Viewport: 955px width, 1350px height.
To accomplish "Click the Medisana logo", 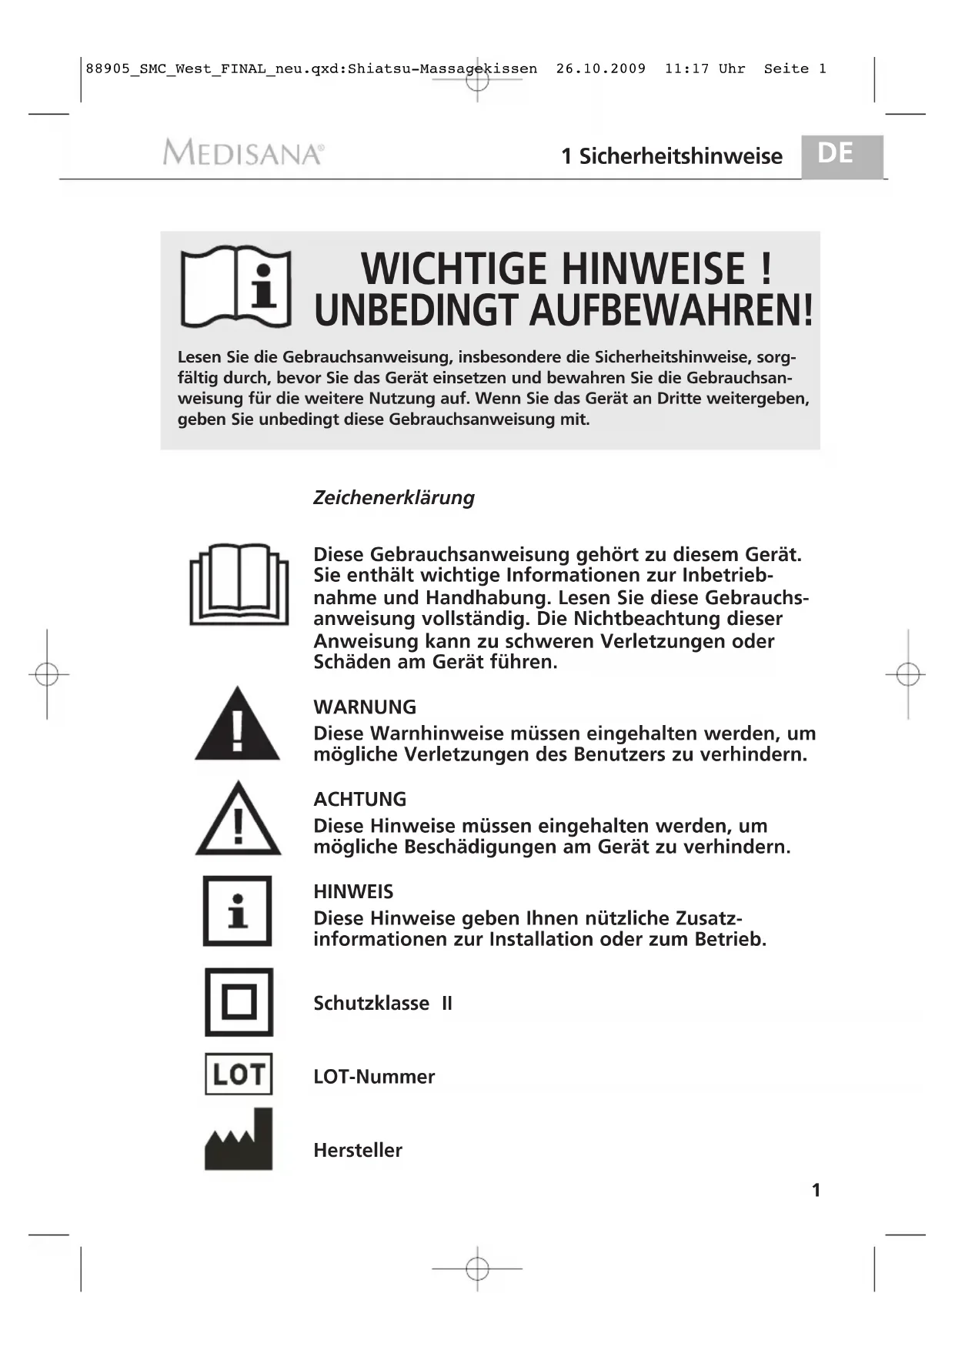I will point(243,152).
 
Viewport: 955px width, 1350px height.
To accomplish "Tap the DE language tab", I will point(836,154).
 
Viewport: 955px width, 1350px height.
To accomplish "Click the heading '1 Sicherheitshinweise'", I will point(671,156).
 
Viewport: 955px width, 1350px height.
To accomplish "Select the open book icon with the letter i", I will point(235,286).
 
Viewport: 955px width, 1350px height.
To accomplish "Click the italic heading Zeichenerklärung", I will point(393,497).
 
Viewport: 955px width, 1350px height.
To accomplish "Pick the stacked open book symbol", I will point(239,584).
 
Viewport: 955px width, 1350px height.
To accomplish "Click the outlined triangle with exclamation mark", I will point(238,820).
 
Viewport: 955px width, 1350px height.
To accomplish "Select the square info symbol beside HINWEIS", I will point(238,911).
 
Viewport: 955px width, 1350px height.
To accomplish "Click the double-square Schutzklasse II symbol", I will point(239,1002).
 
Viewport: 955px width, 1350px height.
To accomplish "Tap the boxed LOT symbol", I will point(239,1074).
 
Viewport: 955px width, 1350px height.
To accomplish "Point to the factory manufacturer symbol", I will point(239,1141).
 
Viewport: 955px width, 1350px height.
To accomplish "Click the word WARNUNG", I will point(365,707).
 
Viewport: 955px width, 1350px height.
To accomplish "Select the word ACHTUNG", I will point(359,799).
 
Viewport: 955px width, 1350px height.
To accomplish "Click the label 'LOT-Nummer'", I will point(374,1076).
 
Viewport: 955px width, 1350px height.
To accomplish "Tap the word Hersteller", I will point(358,1150).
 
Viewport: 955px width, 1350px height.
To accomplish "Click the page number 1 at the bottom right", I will point(816,1190).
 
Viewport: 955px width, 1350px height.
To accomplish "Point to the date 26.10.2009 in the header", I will point(601,69).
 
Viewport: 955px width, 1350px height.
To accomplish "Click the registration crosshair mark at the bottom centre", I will point(477,1268).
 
